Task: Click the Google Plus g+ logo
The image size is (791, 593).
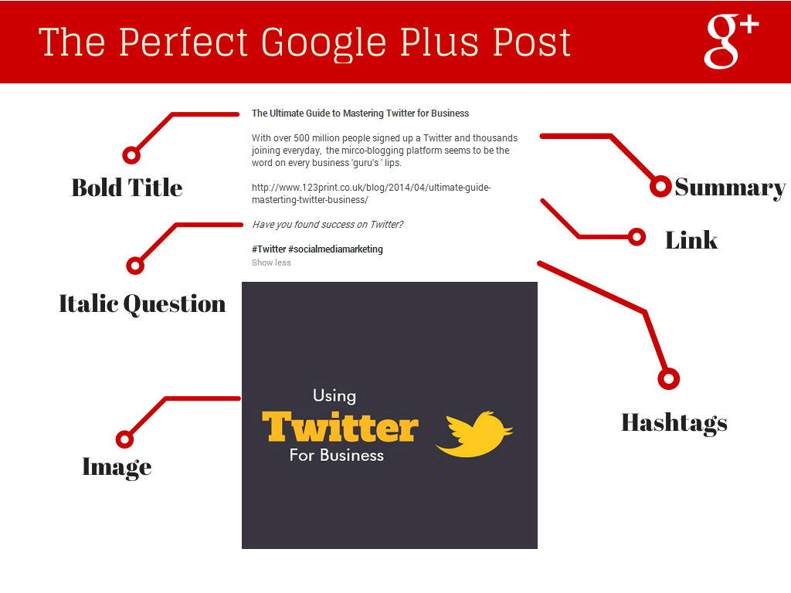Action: tap(731, 42)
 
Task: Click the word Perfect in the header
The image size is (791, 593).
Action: tap(184, 42)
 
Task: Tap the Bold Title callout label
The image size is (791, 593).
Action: tap(127, 188)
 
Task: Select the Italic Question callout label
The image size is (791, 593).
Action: tap(142, 304)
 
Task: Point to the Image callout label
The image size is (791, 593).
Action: tap(117, 467)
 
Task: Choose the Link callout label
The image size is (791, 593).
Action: tap(691, 240)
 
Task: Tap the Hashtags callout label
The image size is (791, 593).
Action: tap(674, 423)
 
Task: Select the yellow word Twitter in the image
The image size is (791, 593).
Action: tap(340, 427)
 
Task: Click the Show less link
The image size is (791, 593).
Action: tap(271, 263)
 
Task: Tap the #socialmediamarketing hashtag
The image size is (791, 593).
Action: tap(335, 249)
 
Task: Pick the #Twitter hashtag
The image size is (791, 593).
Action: tap(269, 249)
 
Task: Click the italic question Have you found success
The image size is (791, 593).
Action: tap(328, 225)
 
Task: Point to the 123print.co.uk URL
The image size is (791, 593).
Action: tap(371, 194)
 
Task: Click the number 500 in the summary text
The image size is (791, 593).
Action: tap(301, 138)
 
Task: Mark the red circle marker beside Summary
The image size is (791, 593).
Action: tap(660, 187)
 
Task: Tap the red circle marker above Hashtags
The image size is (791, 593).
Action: tap(669, 378)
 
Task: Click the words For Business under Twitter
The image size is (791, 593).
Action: tap(337, 456)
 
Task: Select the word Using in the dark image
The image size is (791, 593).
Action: tap(334, 396)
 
